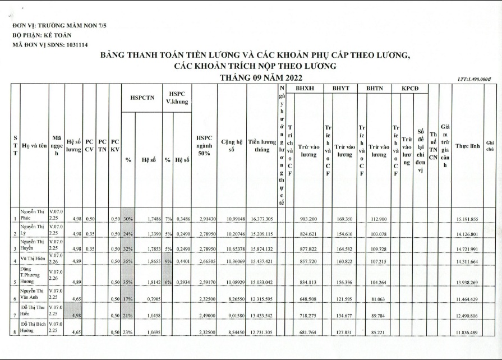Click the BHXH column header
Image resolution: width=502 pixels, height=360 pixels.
305,88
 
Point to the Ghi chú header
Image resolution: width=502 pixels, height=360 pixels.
490,146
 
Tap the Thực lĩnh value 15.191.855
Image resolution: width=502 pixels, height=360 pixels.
467,219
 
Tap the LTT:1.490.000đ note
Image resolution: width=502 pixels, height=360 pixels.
475,80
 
